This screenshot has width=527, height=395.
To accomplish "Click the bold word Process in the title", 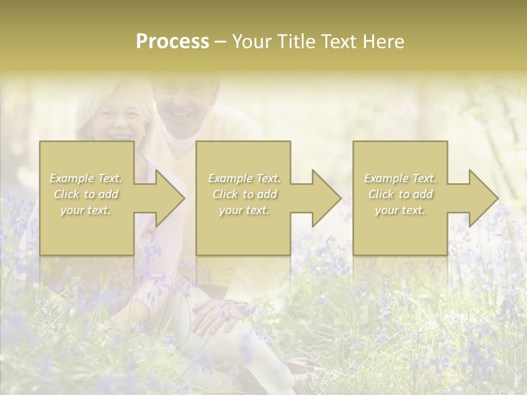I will pos(172,42).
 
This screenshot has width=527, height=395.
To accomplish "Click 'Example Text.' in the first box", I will pos(86,178).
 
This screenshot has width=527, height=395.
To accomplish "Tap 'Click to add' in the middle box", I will pos(244,194).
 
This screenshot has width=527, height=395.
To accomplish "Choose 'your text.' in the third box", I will pos(400,210).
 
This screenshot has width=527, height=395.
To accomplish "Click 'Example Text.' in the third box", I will pos(400,178).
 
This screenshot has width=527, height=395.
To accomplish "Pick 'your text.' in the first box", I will pos(86,210).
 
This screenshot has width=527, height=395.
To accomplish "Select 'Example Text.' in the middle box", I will pos(244,178).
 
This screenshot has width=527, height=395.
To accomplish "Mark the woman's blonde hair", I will pos(88,110).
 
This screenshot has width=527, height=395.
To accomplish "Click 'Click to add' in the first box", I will pos(86,194).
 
